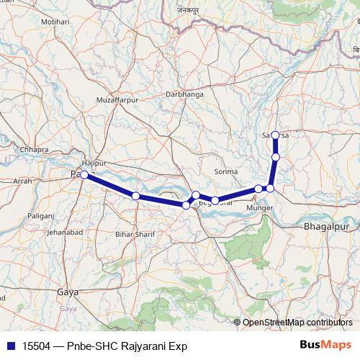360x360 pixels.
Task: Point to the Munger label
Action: [x=260, y=208]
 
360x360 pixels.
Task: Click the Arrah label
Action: [x=22, y=181]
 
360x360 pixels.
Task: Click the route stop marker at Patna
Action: [x=84, y=174]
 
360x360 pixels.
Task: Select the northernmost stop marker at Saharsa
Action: [x=275, y=135]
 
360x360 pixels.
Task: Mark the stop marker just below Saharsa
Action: [x=276, y=157]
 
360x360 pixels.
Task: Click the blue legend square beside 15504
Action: [x=8, y=346]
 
